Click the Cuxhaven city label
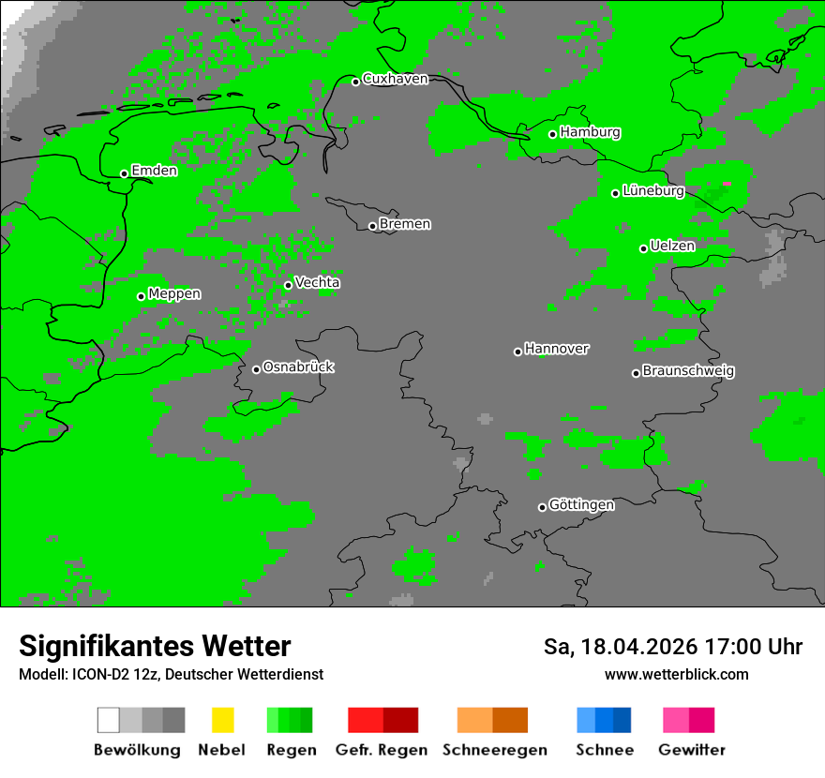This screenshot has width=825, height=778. [395, 79]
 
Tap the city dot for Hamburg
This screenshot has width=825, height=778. [553, 134]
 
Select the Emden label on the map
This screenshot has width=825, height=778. [154, 171]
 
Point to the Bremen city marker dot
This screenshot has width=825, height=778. [372, 226]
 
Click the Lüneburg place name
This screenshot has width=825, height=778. [652, 190]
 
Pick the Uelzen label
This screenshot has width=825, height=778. [672, 246]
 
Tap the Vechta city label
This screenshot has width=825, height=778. [317, 282]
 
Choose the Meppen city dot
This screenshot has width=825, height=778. [142, 296]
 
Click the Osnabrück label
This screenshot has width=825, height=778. [298, 367]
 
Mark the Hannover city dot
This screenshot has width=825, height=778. [517, 352]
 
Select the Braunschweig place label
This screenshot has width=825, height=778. [688, 370]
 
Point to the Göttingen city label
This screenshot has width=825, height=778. [581, 504]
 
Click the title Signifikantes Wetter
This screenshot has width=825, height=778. [155, 647]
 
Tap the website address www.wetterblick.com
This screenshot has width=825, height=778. [676, 674]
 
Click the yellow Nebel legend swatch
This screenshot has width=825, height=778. [222, 720]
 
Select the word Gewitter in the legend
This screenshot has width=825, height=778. [691, 750]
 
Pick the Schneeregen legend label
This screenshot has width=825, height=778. [495, 750]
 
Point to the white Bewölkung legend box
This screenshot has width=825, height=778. [108, 720]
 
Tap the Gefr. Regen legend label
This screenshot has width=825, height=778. [382, 750]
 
